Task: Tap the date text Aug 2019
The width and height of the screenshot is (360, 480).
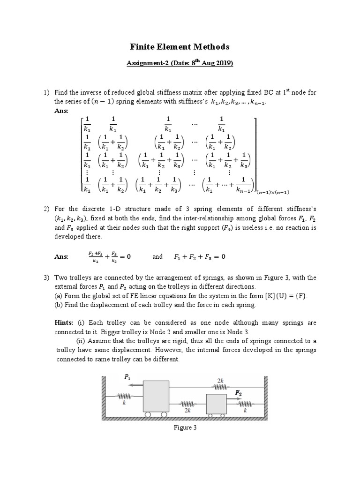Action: point(217,63)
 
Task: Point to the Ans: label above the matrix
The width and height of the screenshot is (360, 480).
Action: point(61,111)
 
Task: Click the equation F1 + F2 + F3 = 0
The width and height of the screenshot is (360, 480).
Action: point(200,256)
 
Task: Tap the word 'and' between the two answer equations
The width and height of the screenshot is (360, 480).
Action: point(157,256)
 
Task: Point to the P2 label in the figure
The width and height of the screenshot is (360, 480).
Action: point(239,392)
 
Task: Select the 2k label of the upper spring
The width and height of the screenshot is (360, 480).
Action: point(220,381)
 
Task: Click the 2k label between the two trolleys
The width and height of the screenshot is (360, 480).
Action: point(187,410)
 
